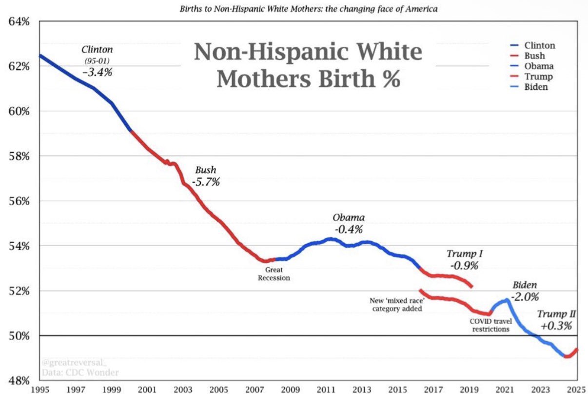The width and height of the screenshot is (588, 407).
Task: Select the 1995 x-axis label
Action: [39, 390]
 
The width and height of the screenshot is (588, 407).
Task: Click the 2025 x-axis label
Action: [577, 390]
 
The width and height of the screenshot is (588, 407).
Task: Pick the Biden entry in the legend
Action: [536, 87]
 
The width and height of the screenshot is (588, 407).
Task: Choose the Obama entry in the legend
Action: [539, 66]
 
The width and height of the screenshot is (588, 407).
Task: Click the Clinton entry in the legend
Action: [540, 46]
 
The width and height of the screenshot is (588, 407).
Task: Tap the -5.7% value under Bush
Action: [206, 183]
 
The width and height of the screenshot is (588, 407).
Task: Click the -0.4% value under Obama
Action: [349, 229]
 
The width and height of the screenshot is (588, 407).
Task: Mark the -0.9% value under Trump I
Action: [464, 266]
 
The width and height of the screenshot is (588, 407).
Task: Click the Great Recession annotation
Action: [274, 274]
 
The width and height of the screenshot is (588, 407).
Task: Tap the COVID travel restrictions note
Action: [490, 325]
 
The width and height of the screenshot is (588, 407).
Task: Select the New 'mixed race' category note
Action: [396, 305]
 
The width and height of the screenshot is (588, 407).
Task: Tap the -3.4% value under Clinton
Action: [98, 73]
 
